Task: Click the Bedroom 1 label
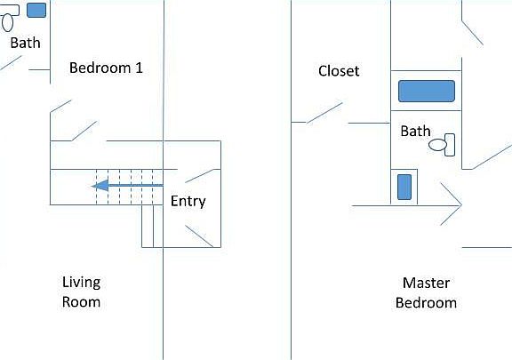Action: (x=106, y=68)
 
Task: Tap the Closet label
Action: (x=339, y=71)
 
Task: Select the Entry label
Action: (x=188, y=201)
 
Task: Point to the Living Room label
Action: (x=81, y=292)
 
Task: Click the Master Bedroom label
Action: (x=426, y=292)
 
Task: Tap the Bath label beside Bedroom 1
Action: (x=26, y=43)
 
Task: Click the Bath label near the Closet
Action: (x=415, y=131)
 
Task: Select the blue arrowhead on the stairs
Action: (x=100, y=186)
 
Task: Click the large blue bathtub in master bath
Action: (x=427, y=91)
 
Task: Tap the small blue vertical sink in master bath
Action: (x=404, y=187)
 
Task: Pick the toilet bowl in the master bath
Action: (x=437, y=145)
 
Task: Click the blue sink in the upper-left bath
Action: (x=36, y=10)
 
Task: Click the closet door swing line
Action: (x=324, y=113)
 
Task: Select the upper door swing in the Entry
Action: (x=203, y=176)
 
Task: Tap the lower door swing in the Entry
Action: (x=199, y=236)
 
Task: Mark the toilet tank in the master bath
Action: (x=450, y=145)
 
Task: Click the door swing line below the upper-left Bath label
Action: (x=11, y=63)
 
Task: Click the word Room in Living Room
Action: (x=81, y=302)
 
